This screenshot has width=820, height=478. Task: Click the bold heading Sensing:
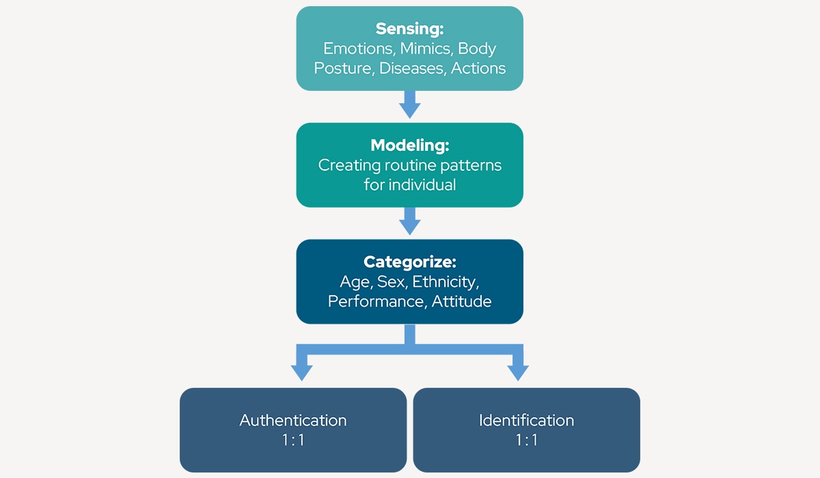409,29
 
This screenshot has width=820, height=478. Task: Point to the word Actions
478,68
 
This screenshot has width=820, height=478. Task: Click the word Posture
344,68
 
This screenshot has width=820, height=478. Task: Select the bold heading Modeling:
409,145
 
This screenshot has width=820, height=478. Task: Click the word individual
422,185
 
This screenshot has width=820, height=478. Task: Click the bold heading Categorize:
409,262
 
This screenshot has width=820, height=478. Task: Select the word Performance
377,301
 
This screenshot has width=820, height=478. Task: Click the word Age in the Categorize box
355,282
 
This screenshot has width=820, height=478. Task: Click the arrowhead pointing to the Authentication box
301,371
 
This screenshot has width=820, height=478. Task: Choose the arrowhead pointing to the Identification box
517,371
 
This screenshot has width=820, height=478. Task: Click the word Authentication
293,420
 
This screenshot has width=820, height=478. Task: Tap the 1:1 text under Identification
526,440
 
